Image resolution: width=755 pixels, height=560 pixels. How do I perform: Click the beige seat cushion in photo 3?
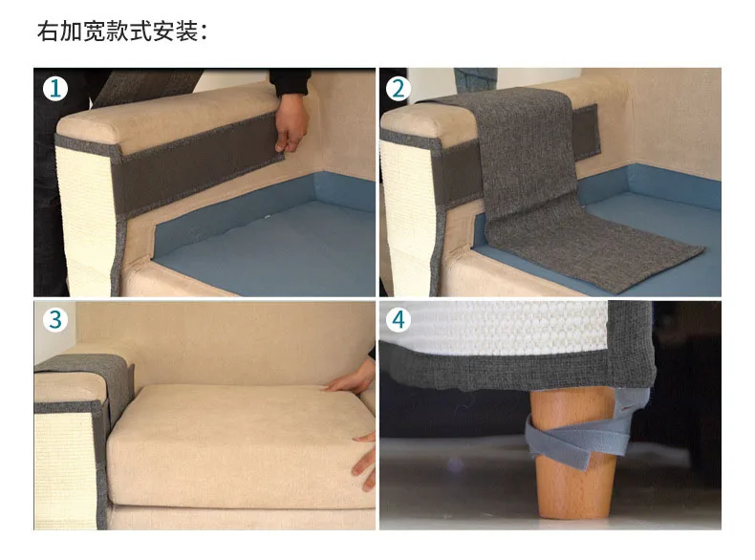(x=239, y=440)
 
